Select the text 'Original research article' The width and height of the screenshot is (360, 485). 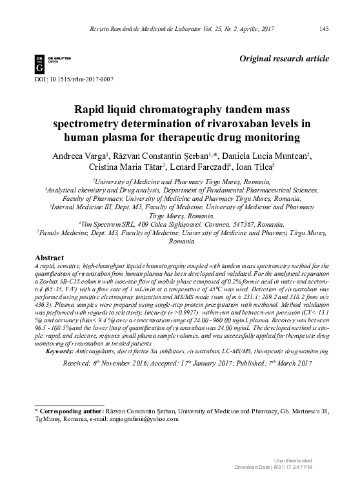(x=285, y=59)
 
